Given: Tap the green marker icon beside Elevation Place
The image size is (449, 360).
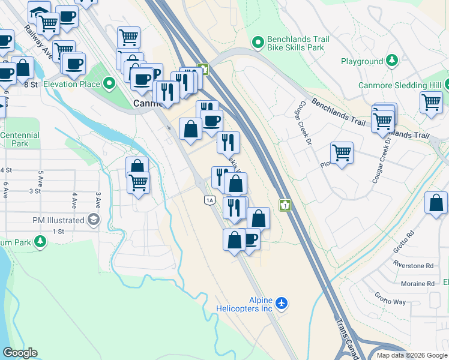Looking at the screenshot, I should tap(109, 83).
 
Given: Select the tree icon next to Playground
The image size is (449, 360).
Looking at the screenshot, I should tap(392, 61).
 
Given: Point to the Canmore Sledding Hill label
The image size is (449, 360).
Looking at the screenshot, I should tap(400, 85).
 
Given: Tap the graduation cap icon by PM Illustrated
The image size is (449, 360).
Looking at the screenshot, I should tap(94, 220).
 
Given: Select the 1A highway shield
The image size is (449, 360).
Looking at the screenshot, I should tap(209, 200).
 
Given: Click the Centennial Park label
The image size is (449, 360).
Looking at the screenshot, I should tap(19, 139).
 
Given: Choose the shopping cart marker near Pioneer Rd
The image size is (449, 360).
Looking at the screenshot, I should tap(342, 152).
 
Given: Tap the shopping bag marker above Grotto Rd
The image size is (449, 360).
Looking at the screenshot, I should tap(436, 203).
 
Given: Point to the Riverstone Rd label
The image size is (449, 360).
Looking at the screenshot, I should tap(413, 265).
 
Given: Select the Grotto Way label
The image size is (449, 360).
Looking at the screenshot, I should tap(390, 299).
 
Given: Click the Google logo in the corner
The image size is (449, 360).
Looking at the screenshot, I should tap(20, 353).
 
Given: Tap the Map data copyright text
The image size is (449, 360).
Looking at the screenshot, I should tap(411, 355).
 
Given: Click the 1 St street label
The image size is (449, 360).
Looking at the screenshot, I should tap(58, 231).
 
